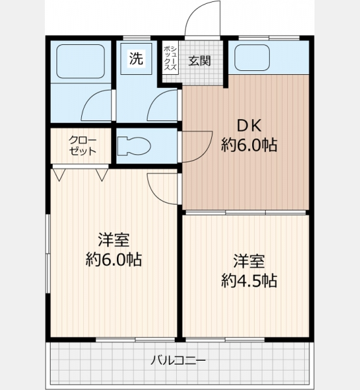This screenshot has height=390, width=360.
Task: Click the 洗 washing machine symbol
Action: pos(136,58)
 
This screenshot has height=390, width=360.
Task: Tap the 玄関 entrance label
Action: pos(199,60)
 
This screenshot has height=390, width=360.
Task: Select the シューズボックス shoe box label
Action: pos(170,58)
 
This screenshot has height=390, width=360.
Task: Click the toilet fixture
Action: pos(135,146)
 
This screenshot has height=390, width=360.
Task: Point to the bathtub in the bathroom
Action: pos(81,62)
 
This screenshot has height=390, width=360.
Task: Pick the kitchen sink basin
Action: pos(252,58)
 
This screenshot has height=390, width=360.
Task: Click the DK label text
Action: pos(249,126)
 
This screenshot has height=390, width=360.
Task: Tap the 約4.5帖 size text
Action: pos(249,281)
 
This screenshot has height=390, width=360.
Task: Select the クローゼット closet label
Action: pos(83,146)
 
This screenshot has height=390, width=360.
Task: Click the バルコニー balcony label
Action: pos(178,360)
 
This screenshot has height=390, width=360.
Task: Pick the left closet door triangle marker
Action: pos(59,175)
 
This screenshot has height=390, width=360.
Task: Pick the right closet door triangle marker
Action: pos(102,175)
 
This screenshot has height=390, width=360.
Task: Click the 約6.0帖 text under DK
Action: pos(249,145)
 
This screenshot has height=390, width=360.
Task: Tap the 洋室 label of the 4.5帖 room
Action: pos(249,261)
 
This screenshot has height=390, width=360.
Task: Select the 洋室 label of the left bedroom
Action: pos(114,240)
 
